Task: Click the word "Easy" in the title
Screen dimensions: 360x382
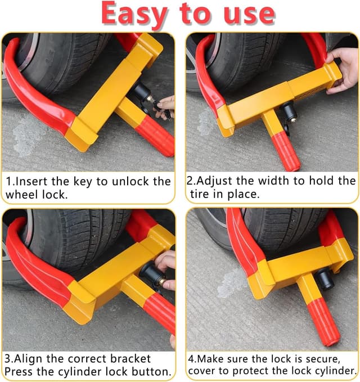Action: coord(134,14)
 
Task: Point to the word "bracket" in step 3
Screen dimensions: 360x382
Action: coord(130,358)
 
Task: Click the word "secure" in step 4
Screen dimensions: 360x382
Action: coord(323,359)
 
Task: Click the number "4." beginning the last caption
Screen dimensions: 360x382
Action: coord(192,359)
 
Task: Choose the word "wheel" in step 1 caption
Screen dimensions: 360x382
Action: coord(22,195)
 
